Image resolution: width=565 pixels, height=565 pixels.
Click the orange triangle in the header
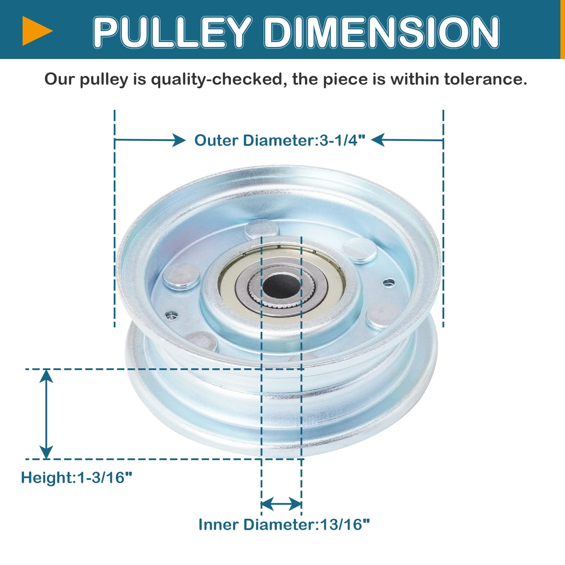[x=35, y=31]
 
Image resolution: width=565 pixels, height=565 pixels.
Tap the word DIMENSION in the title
[x=381, y=32]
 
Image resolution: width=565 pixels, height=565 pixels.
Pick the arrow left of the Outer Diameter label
[x=150, y=140]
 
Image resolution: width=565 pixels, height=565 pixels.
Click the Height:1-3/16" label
[x=76, y=478]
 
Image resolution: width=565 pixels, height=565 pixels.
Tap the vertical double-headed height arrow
[x=46, y=414]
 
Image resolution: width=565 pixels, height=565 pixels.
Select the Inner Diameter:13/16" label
[x=284, y=525]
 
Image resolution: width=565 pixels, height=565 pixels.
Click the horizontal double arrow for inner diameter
[x=281, y=504]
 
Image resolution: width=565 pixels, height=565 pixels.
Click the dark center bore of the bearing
[x=281, y=285]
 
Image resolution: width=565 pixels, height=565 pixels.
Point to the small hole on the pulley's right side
[x=389, y=282]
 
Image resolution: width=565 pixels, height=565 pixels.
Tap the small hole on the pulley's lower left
[x=172, y=314]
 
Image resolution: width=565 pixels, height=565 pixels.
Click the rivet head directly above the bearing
[x=262, y=228]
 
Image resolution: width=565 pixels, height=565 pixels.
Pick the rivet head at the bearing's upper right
[x=359, y=250]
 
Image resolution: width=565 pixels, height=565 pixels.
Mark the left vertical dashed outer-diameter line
[x=115, y=219]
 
